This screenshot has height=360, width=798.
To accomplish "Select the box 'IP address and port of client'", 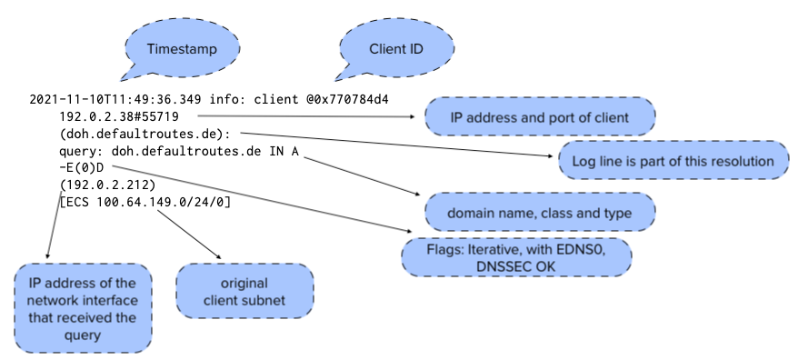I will (x=540, y=116).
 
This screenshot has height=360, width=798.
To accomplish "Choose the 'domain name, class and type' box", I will (x=540, y=212).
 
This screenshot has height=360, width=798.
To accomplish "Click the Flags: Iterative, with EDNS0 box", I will (x=516, y=254).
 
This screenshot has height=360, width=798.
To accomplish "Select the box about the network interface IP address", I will (x=82, y=308).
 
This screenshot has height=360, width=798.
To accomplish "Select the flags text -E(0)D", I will (x=85, y=167).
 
